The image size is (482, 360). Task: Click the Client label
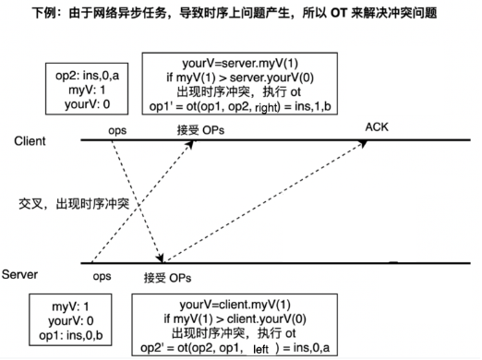[x=33, y=140]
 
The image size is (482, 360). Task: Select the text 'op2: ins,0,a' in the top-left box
[x=80, y=73]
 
